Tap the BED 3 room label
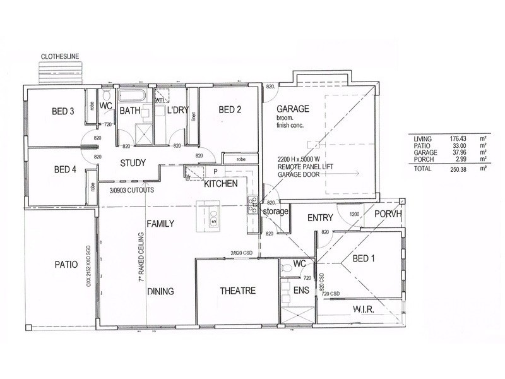tap(63, 112)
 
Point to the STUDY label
tap(133, 163)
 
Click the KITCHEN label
tap(220, 183)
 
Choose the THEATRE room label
tap(237, 291)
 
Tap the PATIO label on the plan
tap(65, 265)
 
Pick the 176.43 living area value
tap(439, 138)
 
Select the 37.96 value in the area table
tap(441, 153)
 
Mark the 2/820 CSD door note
tap(242, 253)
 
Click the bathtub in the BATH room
tap(133, 97)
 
